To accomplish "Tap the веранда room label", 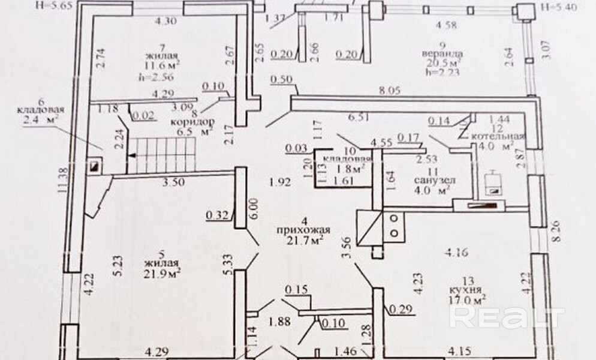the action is [x=440, y=52].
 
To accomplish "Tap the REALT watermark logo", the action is [x=507, y=318].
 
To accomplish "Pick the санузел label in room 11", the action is [x=434, y=180].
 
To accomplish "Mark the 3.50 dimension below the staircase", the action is [x=174, y=182].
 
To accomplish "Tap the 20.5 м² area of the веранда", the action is [x=441, y=62].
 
